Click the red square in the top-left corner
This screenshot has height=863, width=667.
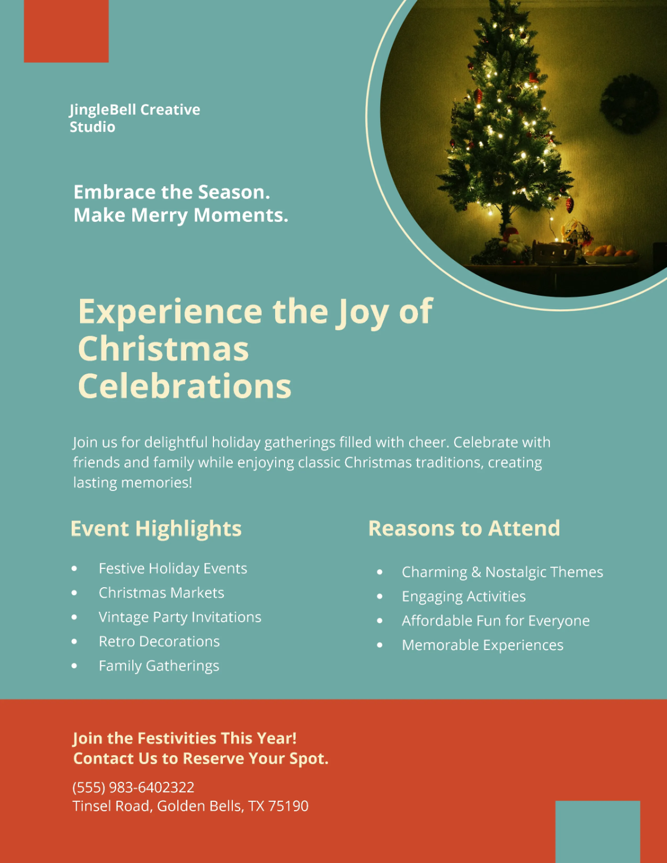tap(66, 31)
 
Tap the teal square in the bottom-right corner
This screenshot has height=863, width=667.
tap(598, 831)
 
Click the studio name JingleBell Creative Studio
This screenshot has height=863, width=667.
tap(135, 118)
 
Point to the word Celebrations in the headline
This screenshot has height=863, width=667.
tap(185, 386)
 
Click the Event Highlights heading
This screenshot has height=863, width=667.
tap(156, 528)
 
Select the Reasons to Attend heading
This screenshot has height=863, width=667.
tap(464, 528)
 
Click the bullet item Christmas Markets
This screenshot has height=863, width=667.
tap(161, 593)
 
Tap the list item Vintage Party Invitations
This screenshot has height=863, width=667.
tap(180, 617)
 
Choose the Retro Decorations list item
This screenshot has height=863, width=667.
tap(159, 642)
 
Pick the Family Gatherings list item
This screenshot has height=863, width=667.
tap(159, 666)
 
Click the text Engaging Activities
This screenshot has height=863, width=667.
tap(464, 597)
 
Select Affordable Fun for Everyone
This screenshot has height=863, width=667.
tap(496, 621)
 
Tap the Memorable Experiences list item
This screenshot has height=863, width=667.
tap(482, 646)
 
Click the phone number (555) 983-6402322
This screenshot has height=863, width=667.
tap(133, 787)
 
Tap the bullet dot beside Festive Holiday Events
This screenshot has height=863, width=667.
tap(74, 568)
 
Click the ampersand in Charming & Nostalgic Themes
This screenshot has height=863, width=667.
tap(476, 572)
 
